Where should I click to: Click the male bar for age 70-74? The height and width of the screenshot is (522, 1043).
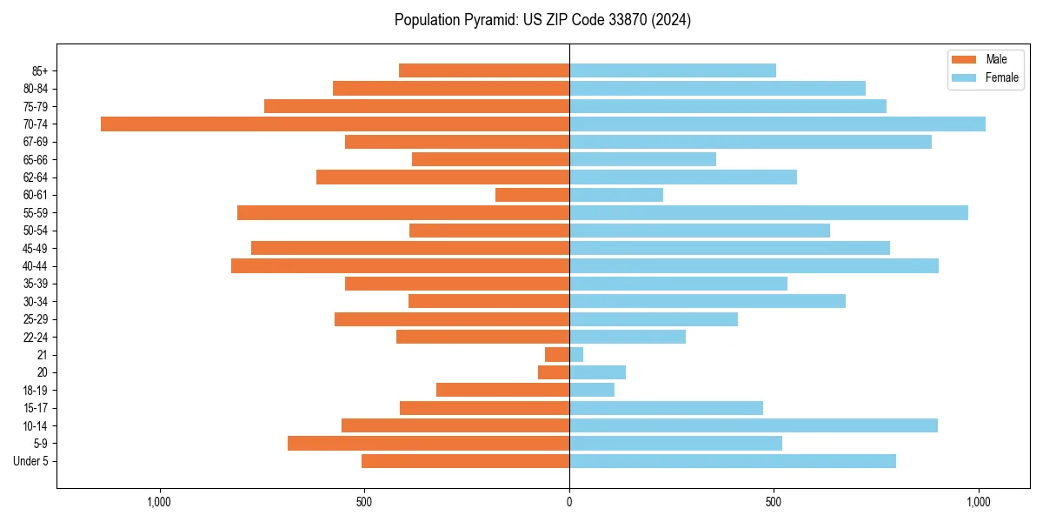(x=335, y=124)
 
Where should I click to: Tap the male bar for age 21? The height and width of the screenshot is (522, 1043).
(x=557, y=355)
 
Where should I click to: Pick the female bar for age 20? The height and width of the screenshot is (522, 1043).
(x=597, y=372)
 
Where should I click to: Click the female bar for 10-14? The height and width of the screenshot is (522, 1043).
(x=753, y=425)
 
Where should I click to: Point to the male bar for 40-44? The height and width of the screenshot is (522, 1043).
(x=400, y=266)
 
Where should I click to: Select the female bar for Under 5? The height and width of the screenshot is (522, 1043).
(x=732, y=461)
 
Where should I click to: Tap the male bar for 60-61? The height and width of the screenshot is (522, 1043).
(x=532, y=195)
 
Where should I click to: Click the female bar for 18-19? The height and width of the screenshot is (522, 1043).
(x=592, y=391)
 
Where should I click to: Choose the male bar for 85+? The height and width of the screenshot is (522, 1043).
(x=484, y=70)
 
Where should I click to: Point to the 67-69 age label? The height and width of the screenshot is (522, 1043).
(x=36, y=142)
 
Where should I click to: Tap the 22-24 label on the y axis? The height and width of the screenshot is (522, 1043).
(x=36, y=337)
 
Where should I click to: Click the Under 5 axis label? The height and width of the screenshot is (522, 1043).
(x=31, y=461)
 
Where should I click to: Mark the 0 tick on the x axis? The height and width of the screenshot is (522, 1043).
(x=569, y=502)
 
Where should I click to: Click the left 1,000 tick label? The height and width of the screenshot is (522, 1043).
(x=159, y=502)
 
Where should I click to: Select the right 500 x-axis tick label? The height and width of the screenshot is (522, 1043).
(x=774, y=502)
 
